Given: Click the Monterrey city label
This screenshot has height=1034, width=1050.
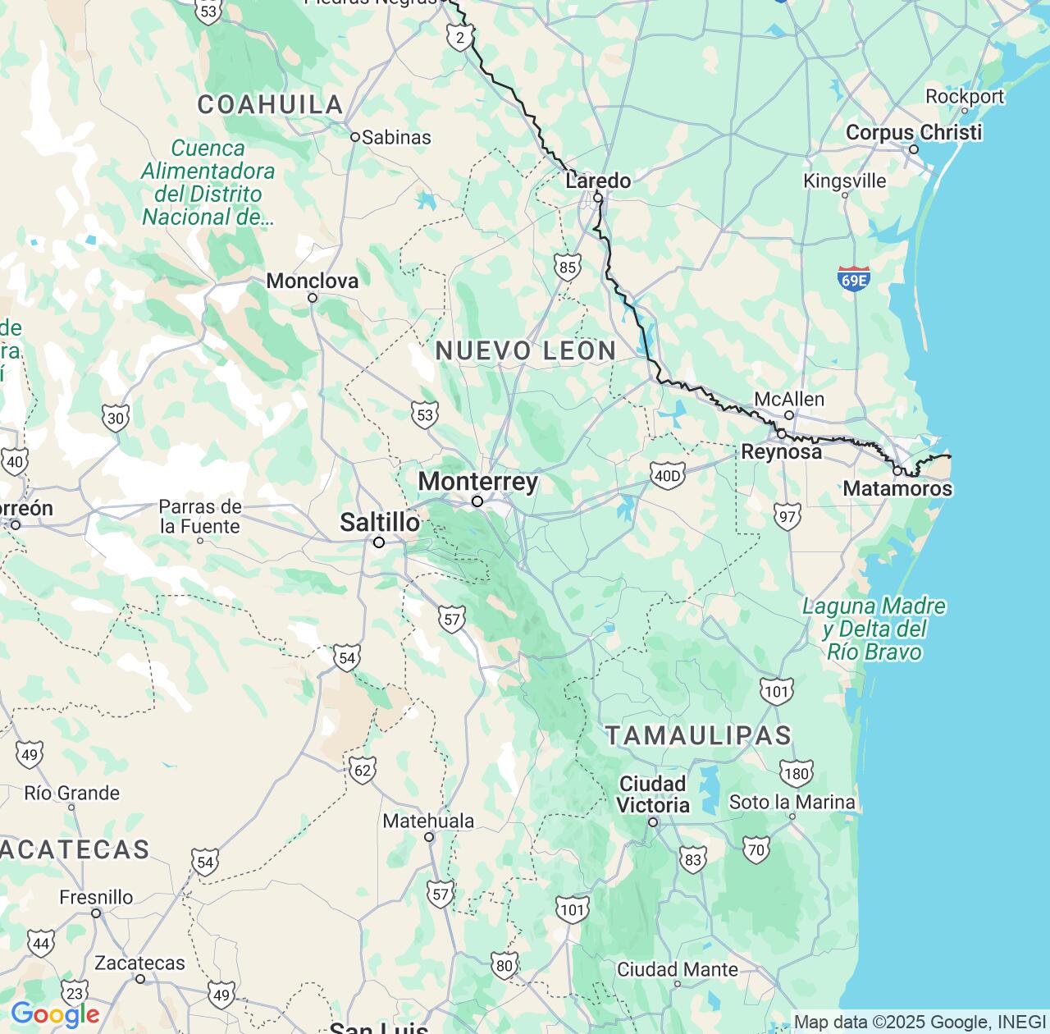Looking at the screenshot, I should [477, 482].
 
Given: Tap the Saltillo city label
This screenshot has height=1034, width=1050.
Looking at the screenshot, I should [380, 522].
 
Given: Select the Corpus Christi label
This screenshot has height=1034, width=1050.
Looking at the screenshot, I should [913, 132].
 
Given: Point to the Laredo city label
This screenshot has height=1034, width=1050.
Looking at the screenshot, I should [598, 181].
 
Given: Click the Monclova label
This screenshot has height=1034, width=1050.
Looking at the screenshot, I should [312, 281].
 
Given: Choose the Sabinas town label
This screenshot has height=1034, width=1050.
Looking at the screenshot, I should [396, 137].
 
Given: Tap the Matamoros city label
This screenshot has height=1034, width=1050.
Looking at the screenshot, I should [897, 488].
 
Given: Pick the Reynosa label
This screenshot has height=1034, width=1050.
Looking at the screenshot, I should [781, 451].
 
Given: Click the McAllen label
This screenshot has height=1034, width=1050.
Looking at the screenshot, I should [788, 400].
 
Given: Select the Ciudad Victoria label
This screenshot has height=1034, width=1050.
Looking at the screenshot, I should [653, 794].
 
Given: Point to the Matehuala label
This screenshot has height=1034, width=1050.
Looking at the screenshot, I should [428, 821].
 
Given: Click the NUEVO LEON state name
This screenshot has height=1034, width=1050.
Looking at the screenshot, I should [526, 350].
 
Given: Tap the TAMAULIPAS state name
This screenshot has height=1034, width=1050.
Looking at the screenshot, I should [698, 735].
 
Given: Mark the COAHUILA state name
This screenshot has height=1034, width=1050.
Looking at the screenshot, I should [270, 104].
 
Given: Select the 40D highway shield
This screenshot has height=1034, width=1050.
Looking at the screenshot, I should [666, 475].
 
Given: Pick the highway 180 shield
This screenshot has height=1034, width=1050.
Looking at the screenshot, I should [796, 772].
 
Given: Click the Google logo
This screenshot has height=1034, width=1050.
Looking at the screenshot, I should [54, 1015].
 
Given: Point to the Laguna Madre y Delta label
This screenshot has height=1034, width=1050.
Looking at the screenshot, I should [874, 629].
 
